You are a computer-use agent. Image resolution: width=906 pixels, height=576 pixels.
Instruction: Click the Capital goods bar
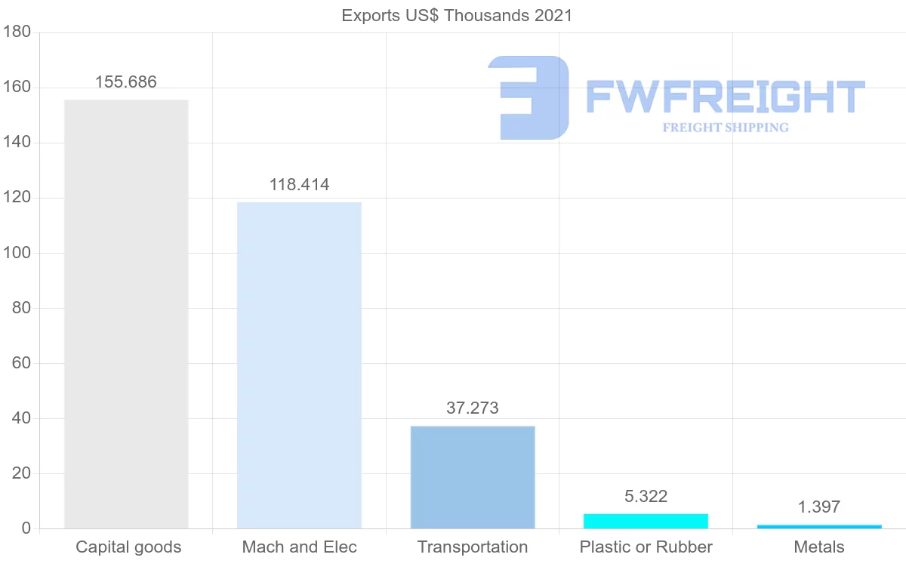[126, 314]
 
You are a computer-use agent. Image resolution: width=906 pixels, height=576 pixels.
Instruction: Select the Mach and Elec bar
[299, 365]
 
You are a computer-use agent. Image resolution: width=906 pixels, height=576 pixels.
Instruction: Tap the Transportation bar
[473, 477]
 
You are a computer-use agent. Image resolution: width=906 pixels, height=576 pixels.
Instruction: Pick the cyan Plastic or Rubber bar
[646, 521]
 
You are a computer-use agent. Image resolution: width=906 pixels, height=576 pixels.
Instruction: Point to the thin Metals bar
[819, 526]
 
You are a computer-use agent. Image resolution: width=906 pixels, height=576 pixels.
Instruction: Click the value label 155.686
[126, 82]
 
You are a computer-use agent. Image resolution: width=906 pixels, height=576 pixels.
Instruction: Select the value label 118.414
[299, 185]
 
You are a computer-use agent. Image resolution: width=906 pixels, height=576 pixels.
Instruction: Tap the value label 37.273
[473, 408]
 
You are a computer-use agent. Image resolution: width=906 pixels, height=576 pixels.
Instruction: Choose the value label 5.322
[646, 496]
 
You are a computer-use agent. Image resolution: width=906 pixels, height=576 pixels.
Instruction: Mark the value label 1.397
[819, 507]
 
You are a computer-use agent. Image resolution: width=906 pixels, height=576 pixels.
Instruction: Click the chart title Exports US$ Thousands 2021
[457, 15]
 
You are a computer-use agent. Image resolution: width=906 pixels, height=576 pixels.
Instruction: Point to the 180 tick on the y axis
[17, 32]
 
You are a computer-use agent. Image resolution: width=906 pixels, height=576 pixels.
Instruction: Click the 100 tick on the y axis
[17, 253]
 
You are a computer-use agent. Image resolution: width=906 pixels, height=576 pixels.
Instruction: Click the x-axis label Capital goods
[128, 547]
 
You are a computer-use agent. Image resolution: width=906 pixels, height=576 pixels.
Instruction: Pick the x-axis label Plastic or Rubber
[646, 547]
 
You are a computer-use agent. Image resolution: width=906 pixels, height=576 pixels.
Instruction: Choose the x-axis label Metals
[819, 547]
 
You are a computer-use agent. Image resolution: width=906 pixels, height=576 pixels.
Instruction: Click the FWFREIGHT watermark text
[725, 97]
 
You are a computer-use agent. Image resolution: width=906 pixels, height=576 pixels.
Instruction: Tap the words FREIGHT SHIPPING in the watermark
[726, 128]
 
